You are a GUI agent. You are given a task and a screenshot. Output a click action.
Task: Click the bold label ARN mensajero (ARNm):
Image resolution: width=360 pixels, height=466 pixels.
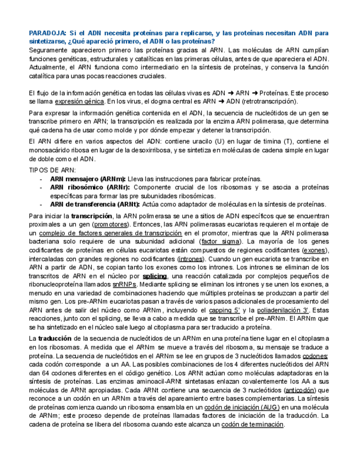88,179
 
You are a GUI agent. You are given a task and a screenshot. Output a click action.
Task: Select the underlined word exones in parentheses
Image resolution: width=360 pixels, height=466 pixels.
314,249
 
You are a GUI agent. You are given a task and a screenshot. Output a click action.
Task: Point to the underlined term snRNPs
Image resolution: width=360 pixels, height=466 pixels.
124,284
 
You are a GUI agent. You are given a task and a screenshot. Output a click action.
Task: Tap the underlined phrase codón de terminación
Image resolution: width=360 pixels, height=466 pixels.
252,424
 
